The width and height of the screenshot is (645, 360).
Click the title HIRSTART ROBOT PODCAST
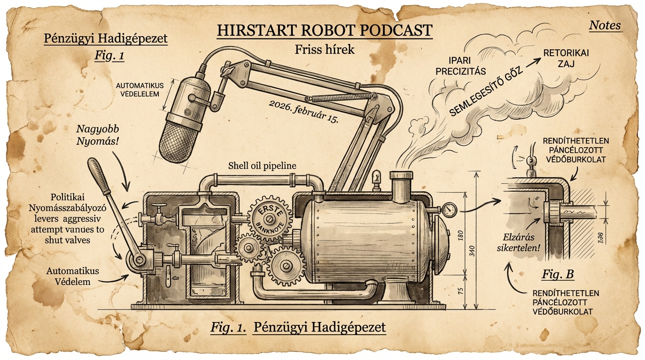tap(324, 30)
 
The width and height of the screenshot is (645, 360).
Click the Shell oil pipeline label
tap(262, 166)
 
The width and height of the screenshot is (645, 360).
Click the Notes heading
tap(605, 25)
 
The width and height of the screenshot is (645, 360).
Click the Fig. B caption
tap(558, 274)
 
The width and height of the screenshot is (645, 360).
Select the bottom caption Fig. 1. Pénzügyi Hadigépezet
tap(298, 328)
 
